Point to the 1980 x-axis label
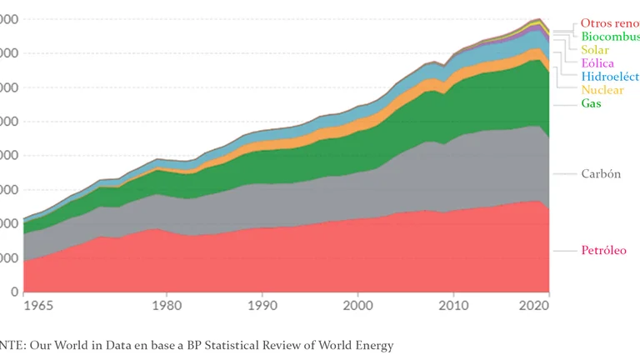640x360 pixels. [167, 306]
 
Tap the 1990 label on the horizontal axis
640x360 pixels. [262, 306]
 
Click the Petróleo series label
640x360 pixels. [603, 251]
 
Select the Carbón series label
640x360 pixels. [601, 174]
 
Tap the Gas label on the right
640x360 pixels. [591, 103]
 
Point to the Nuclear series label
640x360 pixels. [602, 90]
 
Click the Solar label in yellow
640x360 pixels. [595, 50]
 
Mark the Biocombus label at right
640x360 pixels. [610, 37]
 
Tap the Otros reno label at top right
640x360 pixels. [610, 23]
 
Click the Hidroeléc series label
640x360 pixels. [610, 77]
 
